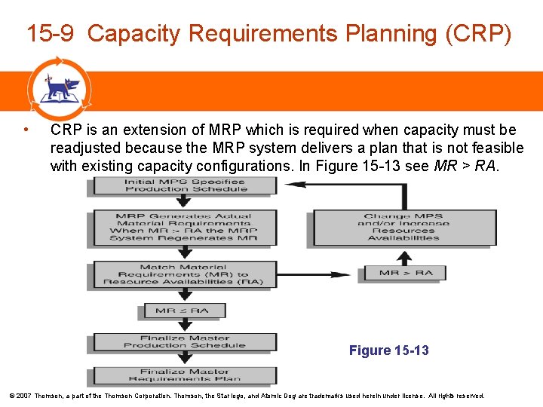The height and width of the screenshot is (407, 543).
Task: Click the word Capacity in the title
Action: pos(134,34)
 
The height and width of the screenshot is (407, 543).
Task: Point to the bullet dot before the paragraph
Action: pos(26,129)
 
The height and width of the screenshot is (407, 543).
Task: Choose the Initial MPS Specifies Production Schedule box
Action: pos(185,185)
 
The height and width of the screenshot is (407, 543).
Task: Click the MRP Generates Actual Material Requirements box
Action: pos(185,228)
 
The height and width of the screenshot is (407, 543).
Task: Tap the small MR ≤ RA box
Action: pos(181,311)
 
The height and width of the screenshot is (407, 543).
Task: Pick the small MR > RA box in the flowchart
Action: pos(406,273)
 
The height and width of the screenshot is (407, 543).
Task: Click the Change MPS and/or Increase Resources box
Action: pos(403,228)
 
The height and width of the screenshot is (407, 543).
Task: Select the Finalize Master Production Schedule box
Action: pos(185,342)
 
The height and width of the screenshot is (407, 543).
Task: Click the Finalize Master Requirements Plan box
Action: pos(185,375)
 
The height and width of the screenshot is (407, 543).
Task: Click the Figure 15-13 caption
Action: pos(388,350)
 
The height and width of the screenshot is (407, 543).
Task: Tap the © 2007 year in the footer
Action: pos(20,396)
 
